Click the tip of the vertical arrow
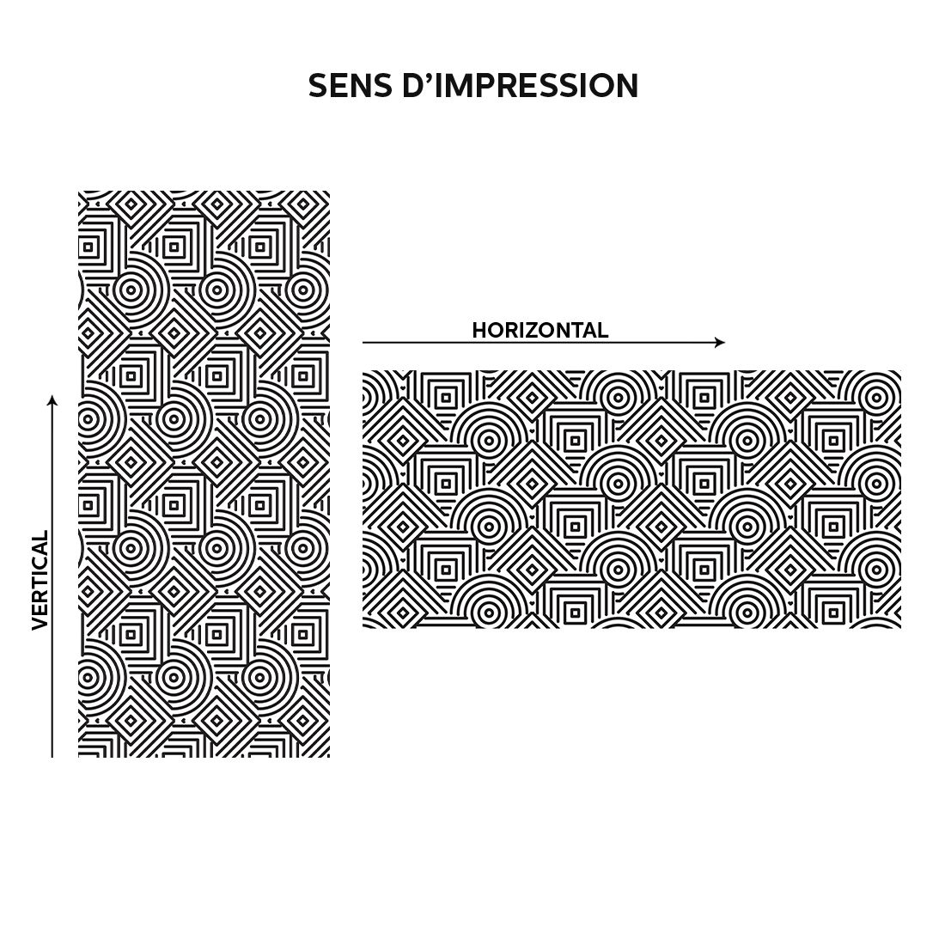pyautogui.click(x=52, y=395)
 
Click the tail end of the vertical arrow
pyautogui.click(x=52, y=757)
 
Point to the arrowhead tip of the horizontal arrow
pyautogui.click(x=725, y=342)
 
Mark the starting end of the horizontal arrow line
pyautogui.click(x=363, y=342)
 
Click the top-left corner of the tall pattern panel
pyautogui.click(x=78, y=191)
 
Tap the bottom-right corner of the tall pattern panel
pyautogui.click(x=330, y=757)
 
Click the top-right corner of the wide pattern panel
pyautogui.click(x=901, y=370)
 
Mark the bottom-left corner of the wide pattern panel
pyautogui.click(x=363, y=628)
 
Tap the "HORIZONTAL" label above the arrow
pyautogui.click(x=540, y=330)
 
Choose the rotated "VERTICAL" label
pyautogui.click(x=40, y=581)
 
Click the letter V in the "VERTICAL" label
pyautogui.click(x=40, y=623)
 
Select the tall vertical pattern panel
pyautogui.click(x=204, y=473)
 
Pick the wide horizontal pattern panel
pyautogui.click(x=631, y=499)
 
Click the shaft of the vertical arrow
pyautogui.click(x=52, y=576)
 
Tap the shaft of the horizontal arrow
pyautogui.click(x=544, y=342)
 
